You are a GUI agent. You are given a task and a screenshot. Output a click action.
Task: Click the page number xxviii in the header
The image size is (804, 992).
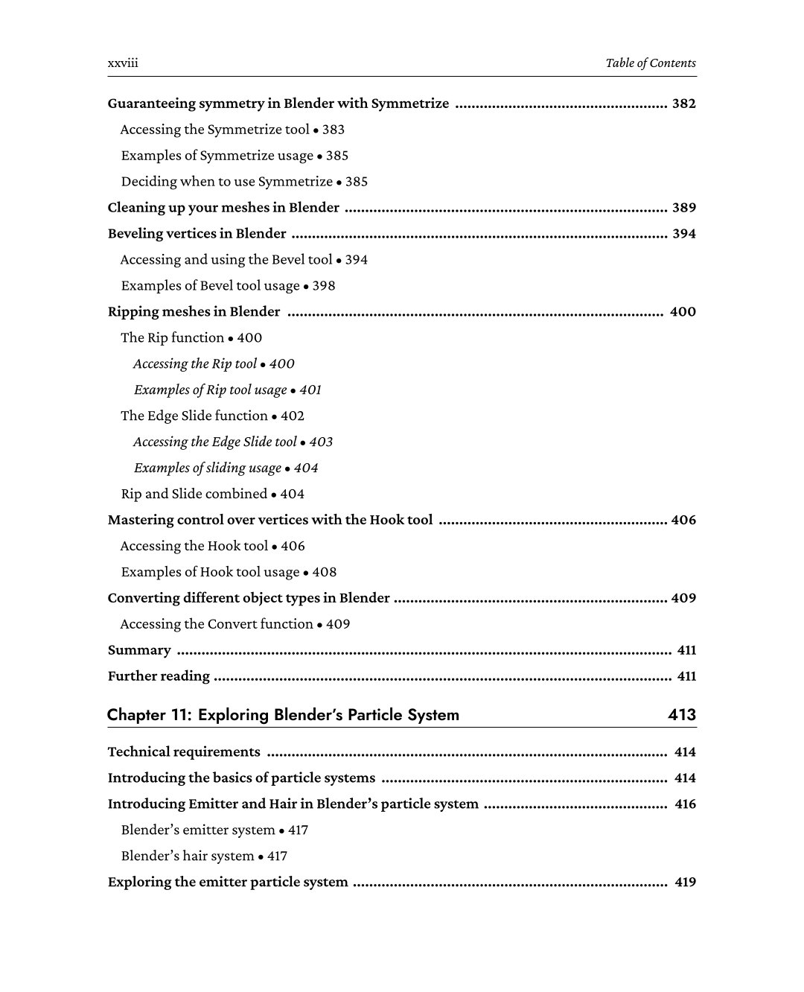[x=123, y=63]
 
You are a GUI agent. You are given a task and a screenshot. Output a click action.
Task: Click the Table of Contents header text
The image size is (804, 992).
[x=650, y=63]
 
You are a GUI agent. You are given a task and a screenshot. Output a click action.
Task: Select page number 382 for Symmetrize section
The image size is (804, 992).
[x=683, y=104]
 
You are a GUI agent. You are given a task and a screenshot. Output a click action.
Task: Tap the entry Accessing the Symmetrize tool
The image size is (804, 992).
[x=214, y=130]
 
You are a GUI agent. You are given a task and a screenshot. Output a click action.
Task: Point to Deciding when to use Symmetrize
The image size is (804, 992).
[x=227, y=182]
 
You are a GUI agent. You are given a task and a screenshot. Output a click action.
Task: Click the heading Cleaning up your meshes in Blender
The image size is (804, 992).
[x=223, y=208]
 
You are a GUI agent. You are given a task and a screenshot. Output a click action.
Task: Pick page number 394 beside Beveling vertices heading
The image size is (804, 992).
[x=683, y=234]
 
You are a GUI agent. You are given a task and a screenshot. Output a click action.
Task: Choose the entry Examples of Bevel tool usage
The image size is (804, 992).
[x=211, y=286]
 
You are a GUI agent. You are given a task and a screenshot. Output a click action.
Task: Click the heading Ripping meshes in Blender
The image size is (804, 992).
[x=194, y=312]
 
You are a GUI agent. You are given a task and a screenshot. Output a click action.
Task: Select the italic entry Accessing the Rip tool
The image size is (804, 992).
[x=195, y=364]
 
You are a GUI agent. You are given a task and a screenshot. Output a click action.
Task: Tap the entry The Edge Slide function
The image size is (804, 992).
[x=194, y=416]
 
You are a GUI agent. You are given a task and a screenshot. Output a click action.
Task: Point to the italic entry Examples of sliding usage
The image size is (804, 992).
[x=208, y=468]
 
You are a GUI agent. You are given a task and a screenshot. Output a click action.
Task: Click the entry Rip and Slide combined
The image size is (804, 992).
[x=194, y=495]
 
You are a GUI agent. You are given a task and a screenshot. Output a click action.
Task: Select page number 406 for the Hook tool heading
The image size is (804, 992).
[x=683, y=521]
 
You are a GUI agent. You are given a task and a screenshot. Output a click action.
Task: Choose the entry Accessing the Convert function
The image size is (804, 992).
[x=217, y=624]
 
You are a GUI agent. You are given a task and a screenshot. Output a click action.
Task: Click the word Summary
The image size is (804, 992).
[x=139, y=650]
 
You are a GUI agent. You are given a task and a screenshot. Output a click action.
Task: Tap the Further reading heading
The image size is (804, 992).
[x=159, y=676]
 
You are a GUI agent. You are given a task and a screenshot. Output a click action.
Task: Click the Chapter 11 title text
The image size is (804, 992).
[x=283, y=715]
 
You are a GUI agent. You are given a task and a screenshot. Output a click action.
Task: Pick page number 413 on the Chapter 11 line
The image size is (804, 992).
[x=682, y=715]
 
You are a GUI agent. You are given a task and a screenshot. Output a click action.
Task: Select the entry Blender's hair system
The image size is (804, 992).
[x=188, y=856]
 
